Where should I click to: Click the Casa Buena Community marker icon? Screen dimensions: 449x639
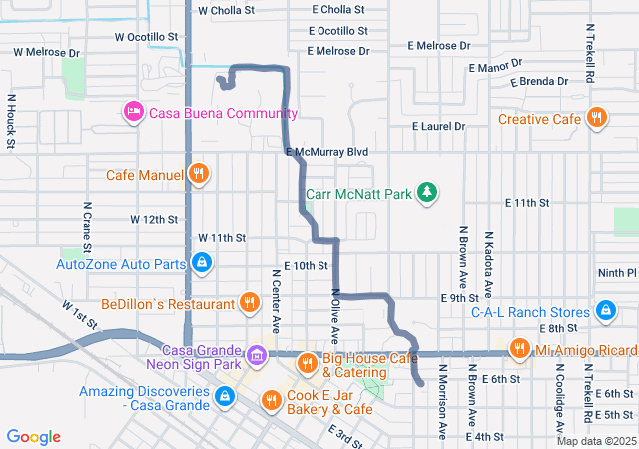(133, 113)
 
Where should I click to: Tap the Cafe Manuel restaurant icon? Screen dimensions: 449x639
(199, 175)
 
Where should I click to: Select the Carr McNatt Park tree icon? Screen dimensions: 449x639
(427, 191)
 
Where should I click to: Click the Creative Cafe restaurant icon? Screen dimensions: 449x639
(596, 119)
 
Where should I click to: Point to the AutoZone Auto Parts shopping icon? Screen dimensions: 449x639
(202, 264)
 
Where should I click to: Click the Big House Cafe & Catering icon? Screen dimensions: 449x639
(307, 362)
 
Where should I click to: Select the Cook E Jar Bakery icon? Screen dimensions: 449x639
(270, 401)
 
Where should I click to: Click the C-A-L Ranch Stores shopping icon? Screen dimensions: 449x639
(605, 310)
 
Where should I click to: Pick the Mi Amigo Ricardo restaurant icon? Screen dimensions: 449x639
(519, 349)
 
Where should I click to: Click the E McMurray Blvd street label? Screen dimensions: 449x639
(326, 152)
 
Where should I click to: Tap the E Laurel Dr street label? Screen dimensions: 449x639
(439, 127)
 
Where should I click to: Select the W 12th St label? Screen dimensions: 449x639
(153, 219)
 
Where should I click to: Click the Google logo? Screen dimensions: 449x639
(34, 437)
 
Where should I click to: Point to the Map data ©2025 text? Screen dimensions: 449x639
(596, 441)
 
